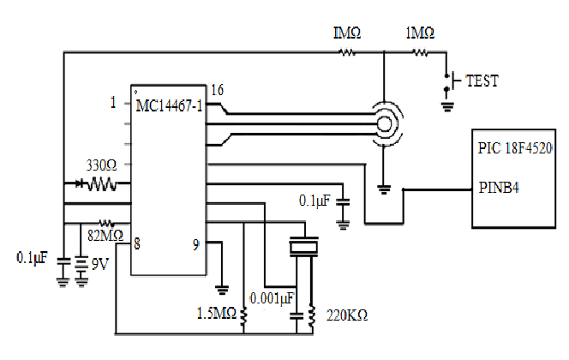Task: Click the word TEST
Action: click(x=481, y=81)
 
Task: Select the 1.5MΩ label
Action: click(x=215, y=313)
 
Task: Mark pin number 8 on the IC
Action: click(x=136, y=244)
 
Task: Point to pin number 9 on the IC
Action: click(x=196, y=244)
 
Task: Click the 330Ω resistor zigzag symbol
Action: click(x=101, y=183)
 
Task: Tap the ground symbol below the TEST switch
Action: click(x=446, y=107)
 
